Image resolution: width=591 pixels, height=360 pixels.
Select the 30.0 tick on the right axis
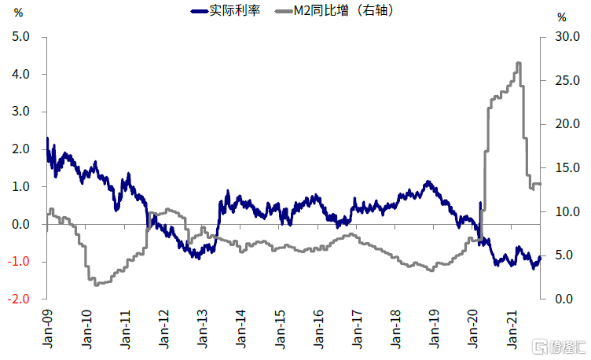567,37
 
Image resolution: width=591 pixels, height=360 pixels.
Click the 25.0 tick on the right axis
567,81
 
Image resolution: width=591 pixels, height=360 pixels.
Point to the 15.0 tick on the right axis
567,168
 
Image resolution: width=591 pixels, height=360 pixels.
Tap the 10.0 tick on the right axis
567,212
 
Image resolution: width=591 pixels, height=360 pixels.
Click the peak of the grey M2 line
519,63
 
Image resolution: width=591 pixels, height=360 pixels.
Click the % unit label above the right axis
560,17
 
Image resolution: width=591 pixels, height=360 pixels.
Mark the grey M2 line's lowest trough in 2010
97,284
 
